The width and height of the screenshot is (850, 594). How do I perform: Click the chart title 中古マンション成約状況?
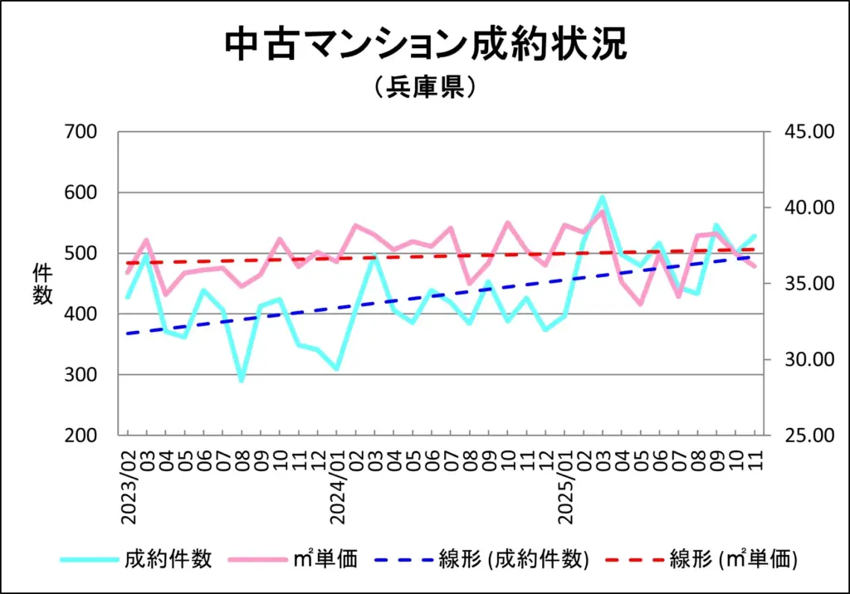[x=425, y=46]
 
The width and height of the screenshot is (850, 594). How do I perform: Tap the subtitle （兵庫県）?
[x=424, y=88]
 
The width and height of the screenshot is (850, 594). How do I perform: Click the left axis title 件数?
[x=42, y=284]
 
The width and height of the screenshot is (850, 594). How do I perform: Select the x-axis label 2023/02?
[x=128, y=481]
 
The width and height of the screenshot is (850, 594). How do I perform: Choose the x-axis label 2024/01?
[x=337, y=481]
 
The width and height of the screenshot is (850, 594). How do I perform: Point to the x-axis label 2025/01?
[x=565, y=481]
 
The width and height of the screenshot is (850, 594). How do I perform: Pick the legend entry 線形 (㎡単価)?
[x=734, y=559]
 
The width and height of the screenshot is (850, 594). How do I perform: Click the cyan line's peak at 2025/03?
[x=603, y=197]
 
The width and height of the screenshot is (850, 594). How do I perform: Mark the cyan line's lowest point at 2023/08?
[x=242, y=380]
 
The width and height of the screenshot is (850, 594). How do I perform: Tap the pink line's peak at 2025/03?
[x=603, y=211]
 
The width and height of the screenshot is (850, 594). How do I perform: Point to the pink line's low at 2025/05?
[x=640, y=304]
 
